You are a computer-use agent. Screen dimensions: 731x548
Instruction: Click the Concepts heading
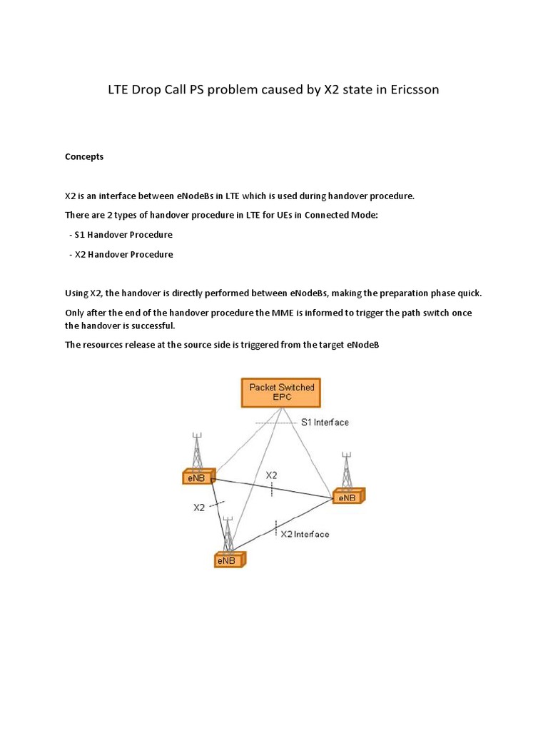pos(84,156)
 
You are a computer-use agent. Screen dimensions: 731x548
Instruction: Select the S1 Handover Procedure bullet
pos(123,234)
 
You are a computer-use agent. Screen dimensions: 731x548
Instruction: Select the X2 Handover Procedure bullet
pos(123,254)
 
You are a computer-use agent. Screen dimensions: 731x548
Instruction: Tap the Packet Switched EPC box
pos(280,392)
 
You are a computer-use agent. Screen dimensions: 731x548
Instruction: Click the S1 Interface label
pos(325,423)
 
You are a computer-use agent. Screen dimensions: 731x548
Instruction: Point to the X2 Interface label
pos(305,533)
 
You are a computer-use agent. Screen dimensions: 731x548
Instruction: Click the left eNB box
pos(198,478)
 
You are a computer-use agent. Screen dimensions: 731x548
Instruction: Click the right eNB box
pos(347,496)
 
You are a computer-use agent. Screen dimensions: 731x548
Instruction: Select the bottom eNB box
pos(228,560)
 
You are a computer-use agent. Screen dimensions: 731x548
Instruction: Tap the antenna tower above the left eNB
pos(197,450)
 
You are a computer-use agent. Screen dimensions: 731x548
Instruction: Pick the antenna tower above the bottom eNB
pos(228,533)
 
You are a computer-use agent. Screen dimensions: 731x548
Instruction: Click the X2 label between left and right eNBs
pos(272,475)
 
